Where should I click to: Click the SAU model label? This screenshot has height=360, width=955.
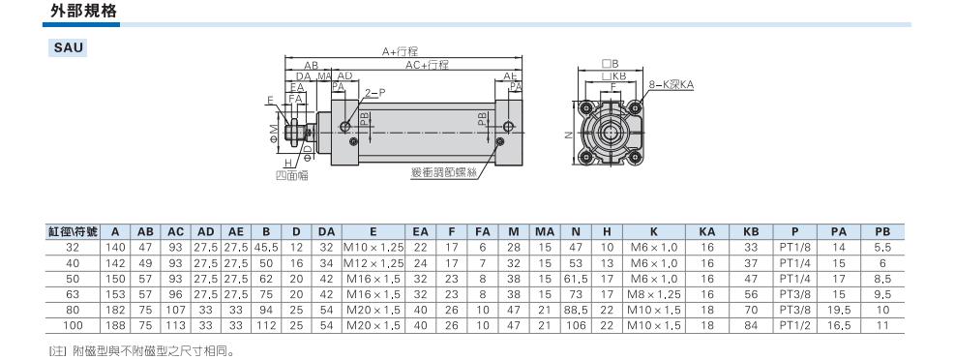point(68,48)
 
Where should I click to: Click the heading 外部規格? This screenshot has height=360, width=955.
point(83,11)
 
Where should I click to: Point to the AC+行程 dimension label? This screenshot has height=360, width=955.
point(427,65)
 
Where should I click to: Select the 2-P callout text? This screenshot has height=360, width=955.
point(375,93)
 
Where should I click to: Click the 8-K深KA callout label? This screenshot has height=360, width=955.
point(671,85)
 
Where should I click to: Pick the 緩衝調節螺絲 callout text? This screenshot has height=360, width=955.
point(443,173)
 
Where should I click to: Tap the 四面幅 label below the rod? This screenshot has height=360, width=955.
point(292,175)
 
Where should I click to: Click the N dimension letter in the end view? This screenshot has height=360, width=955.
point(568,135)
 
